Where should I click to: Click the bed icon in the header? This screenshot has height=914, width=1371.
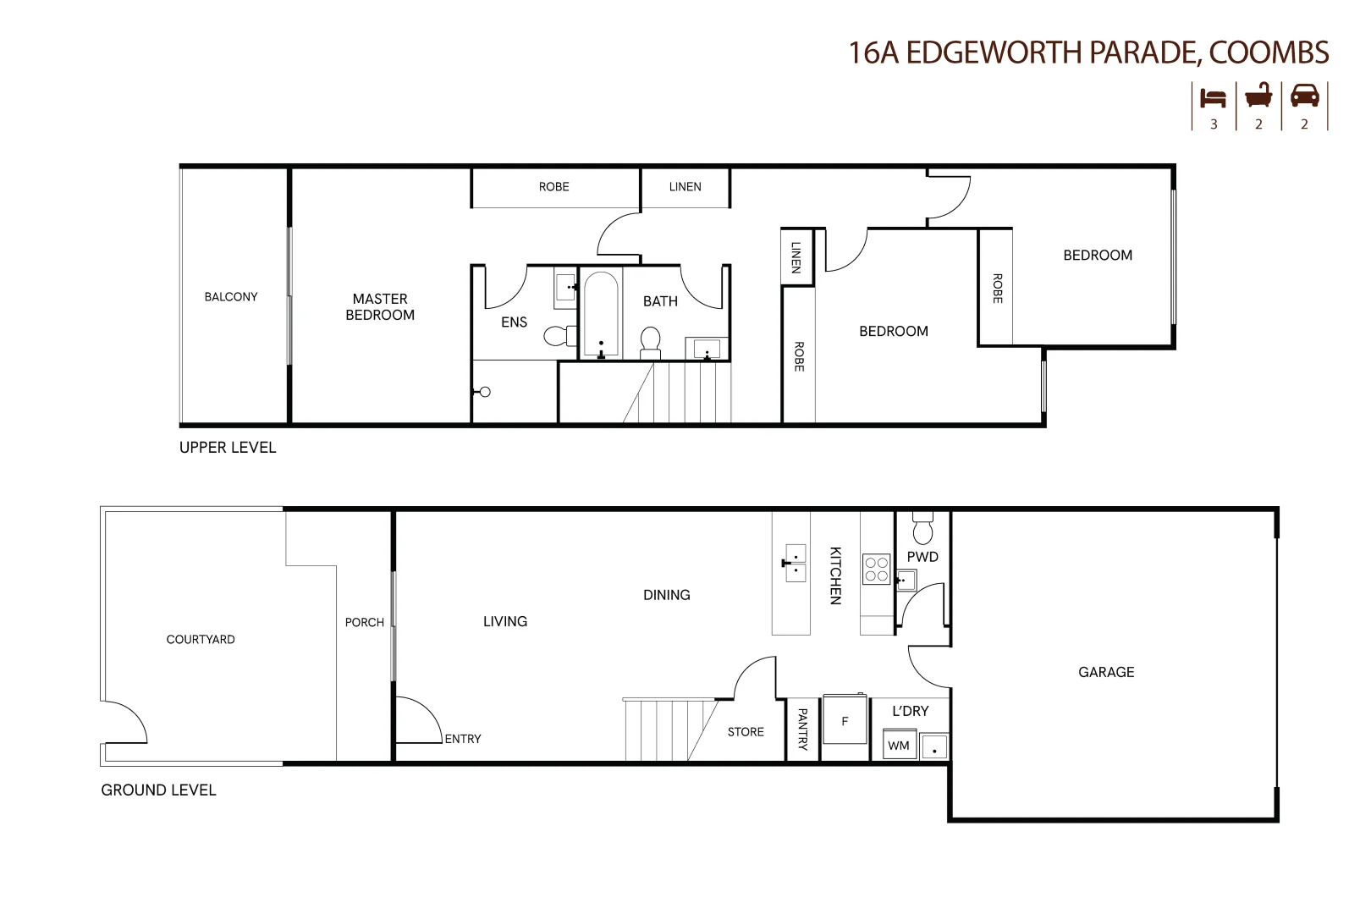(x=1213, y=98)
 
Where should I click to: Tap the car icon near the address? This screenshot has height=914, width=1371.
(x=1304, y=96)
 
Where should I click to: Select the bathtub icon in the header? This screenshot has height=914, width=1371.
(x=1259, y=96)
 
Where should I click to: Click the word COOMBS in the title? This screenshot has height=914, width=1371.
(x=1269, y=52)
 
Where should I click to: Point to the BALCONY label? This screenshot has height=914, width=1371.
(x=231, y=297)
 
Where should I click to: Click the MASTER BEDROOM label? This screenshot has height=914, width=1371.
(x=380, y=306)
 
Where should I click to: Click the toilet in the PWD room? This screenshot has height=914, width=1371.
(x=923, y=528)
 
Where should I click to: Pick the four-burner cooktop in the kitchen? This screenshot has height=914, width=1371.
(x=876, y=570)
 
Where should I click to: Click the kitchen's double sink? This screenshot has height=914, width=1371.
(x=795, y=563)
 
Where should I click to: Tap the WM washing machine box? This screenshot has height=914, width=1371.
(x=899, y=745)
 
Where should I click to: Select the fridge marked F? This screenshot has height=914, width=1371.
(x=845, y=720)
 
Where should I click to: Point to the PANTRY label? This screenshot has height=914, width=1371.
(x=802, y=730)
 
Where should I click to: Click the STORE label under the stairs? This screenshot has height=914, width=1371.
(x=746, y=732)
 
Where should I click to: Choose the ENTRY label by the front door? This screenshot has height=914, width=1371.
(x=463, y=739)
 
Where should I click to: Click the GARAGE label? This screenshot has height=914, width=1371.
(x=1106, y=672)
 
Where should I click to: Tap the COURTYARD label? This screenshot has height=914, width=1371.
(x=201, y=640)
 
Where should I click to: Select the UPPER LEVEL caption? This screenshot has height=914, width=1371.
(x=228, y=448)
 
